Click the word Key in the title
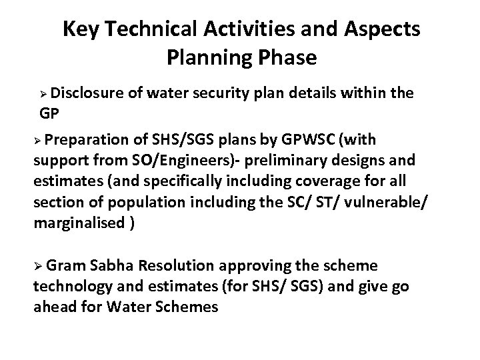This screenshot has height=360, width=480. [x=78, y=30]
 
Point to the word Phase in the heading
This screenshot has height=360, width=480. [x=288, y=58]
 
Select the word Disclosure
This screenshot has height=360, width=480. [x=87, y=91]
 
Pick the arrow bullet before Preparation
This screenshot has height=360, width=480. [x=39, y=141]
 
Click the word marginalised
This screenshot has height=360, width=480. [x=79, y=223]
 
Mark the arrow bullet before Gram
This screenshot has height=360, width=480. [x=39, y=267]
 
